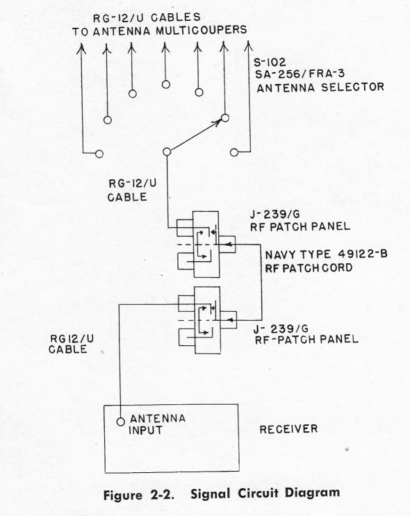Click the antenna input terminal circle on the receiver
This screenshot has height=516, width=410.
coord(121,422)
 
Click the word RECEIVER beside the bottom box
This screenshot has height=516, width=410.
coord(288,429)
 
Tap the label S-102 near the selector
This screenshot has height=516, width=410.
coord(270,63)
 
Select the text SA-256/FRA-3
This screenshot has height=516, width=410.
coord(300,74)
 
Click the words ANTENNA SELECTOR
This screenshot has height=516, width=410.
coord(320,88)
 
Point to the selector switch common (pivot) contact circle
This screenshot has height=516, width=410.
coord(167,151)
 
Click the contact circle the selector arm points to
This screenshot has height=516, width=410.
coord(225,117)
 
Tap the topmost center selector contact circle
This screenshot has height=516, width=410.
coord(166,85)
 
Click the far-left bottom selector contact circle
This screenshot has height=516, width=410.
coord(99,153)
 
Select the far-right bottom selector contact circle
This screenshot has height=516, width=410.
coord(234,152)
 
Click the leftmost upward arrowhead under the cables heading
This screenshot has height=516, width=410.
coord(81,49)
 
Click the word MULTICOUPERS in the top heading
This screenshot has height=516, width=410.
coord(202,31)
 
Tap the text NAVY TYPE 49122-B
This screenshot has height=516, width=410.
coord(327,254)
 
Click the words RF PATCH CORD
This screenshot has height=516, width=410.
coord(309,268)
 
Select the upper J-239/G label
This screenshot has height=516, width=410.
coord(275,215)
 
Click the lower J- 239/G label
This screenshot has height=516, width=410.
coord(281,328)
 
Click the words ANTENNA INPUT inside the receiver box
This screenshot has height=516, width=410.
coord(157,424)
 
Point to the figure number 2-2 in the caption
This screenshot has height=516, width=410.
coord(162,495)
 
